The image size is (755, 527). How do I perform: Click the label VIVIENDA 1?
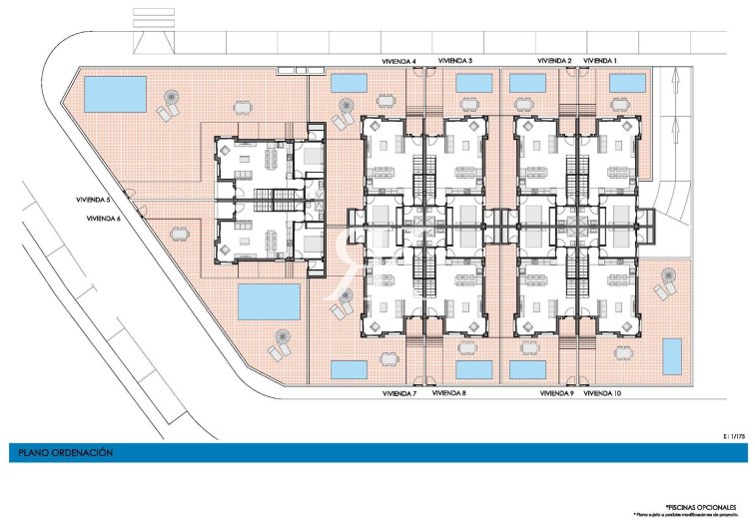(x=600, y=61)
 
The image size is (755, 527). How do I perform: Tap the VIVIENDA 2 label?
(x=554, y=61)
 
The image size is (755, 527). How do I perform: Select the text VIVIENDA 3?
(x=455, y=61)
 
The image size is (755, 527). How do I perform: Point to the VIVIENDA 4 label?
(x=399, y=61)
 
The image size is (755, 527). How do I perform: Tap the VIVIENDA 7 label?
(x=399, y=394)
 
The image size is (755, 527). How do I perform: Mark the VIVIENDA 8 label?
(x=448, y=394)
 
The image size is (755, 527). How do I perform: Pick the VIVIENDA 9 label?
(x=556, y=394)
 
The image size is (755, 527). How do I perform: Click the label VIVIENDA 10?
(x=602, y=394)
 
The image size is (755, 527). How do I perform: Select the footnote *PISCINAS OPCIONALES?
(x=690, y=507)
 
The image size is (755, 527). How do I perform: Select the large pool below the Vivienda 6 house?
(x=269, y=299)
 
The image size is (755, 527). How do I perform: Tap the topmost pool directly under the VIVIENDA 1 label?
(x=627, y=83)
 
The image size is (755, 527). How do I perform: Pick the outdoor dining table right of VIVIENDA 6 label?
(x=179, y=235)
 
